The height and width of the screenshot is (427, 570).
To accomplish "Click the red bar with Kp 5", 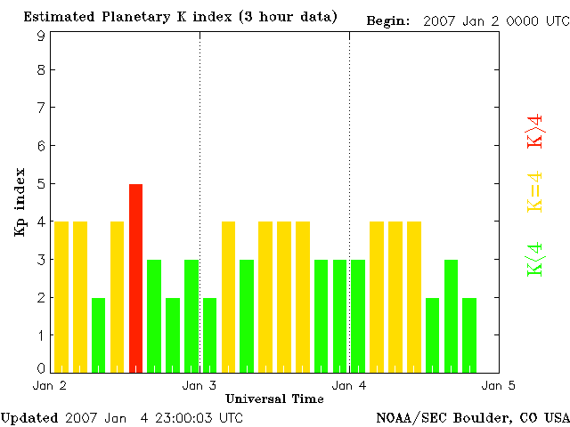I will point(135,278).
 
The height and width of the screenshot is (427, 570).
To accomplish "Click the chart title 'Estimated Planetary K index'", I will point(180,17).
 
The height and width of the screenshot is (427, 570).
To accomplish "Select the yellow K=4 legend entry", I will point(535,192).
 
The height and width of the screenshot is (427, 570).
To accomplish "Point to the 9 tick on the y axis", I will point(41,36).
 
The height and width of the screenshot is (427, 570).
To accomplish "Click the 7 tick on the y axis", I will point(41,108).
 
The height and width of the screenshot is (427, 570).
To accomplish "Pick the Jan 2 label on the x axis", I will point(49,385).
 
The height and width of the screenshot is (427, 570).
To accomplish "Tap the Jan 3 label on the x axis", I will point(199,385).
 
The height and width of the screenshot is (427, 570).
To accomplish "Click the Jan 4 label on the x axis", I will point(349,385).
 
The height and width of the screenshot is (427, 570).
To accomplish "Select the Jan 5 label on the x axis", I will point(499,385).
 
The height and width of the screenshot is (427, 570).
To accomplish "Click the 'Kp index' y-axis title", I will point(20,202).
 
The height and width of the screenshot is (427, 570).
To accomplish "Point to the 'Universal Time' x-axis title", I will point(274,399).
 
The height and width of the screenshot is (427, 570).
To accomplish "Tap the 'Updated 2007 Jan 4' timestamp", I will point(121,417).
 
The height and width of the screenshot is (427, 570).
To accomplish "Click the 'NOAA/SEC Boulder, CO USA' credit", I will point(472,417).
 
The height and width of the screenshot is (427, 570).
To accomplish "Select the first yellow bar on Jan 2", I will point(61,296).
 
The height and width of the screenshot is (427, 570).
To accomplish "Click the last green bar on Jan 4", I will point(469,334).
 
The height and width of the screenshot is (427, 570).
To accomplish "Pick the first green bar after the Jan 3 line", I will point(210,334).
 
